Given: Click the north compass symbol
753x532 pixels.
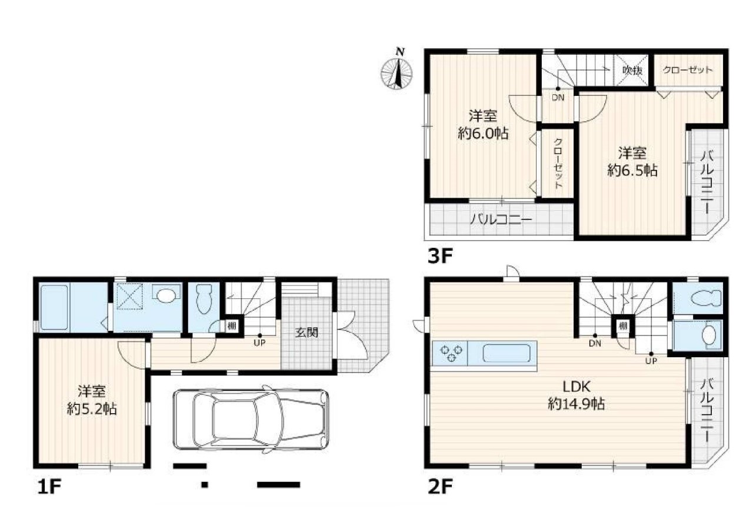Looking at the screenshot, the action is (397, 71).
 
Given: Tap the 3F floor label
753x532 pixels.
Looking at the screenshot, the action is (440, 256).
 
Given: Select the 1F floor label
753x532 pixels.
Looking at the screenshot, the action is (49, 487).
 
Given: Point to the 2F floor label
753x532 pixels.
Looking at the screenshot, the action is (440, 487).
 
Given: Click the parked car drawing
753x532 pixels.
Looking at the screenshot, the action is (251, 420).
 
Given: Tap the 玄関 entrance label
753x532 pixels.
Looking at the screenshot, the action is (306, 332).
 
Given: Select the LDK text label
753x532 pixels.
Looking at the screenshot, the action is (576, 387).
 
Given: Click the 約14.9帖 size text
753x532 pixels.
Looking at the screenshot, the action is (576, 404).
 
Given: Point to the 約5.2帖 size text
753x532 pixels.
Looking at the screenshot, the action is (92, 409).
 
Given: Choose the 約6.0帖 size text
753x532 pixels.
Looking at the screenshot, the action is (483, 134).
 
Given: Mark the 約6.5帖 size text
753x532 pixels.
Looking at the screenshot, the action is (632, 171).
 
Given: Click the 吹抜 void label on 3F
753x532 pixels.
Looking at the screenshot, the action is (632, 70).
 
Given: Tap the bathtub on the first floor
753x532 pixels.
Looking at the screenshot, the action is (54, 307).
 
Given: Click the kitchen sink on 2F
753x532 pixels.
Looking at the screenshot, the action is (507, 353).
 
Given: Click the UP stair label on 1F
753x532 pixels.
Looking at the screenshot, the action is (259, 343).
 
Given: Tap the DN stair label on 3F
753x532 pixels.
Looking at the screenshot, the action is (558, 98).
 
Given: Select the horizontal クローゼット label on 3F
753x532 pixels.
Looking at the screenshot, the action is (687, 70).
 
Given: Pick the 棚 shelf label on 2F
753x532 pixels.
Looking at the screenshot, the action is (623, 325).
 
